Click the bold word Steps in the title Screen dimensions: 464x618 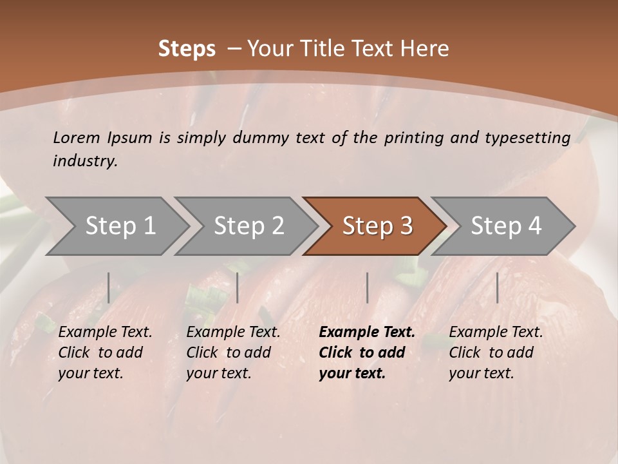click(187, 49)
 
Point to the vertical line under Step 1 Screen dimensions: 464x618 click(109, 287)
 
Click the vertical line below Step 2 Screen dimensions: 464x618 click(238, 287)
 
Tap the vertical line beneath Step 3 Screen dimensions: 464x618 click(368, 287)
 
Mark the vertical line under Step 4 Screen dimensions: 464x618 click(497, 287)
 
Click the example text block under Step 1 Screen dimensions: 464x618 click(105, 353)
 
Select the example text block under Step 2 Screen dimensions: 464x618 click(233, 353)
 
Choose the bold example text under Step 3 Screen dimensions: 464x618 click(367, 353)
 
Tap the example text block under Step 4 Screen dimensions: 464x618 click(496, 353)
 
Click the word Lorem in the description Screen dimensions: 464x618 click(77, 137)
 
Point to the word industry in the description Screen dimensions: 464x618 click(84, 161)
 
